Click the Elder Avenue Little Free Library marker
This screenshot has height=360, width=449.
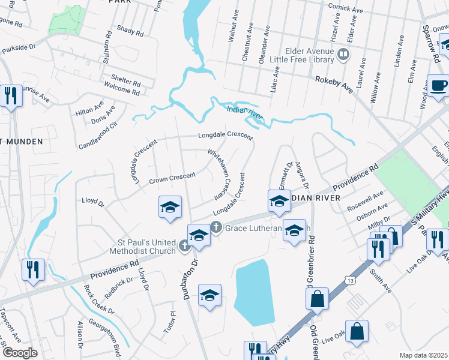[x=343, y=55]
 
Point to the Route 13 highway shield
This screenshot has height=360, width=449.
[x=349, y=280]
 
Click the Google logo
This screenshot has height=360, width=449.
[x=20, y=353]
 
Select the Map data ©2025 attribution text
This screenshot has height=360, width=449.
[x=423, y=355]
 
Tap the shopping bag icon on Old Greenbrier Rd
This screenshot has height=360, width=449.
[x=317, y=298]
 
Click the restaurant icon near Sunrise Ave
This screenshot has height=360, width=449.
[x=10, y=96]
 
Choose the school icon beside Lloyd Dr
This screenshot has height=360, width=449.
[x=170, y=208]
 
